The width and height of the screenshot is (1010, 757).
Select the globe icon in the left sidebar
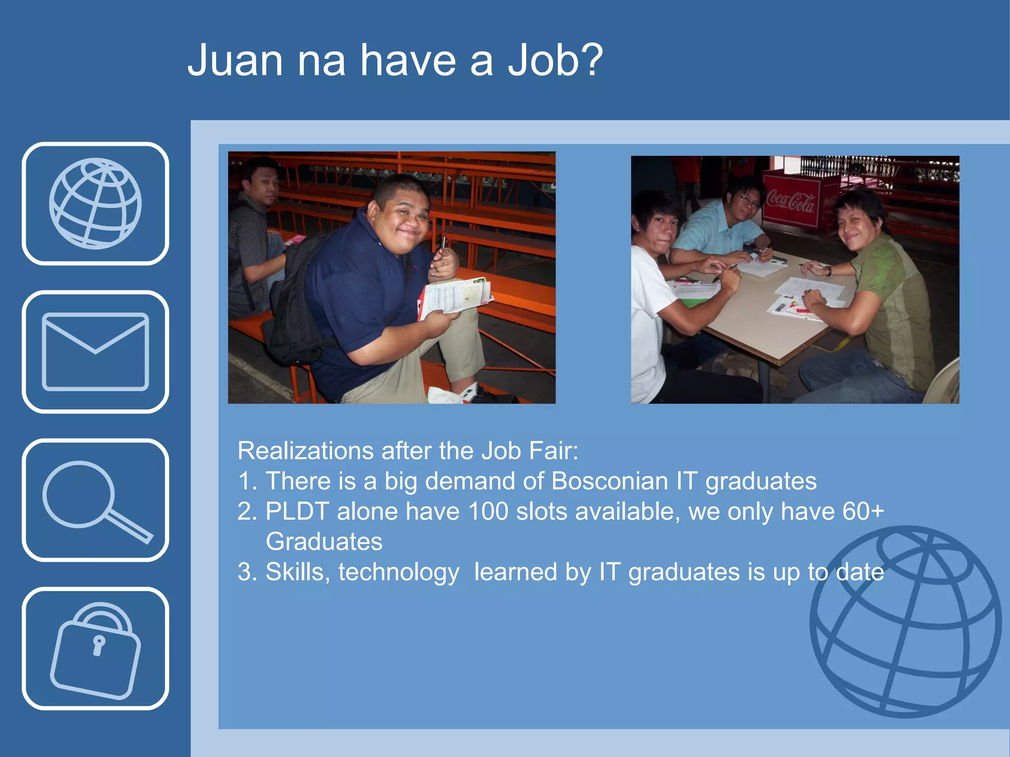click(95, 204)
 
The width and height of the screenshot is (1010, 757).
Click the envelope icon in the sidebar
click(95, 351)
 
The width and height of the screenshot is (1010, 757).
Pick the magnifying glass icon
click(95, 500)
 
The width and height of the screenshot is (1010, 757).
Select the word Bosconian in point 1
click(610, 482)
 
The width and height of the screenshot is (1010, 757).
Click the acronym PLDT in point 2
click(297, 512)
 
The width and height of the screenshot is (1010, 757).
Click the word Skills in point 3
click(297, 572)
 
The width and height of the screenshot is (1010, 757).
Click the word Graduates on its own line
click(324, 542)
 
